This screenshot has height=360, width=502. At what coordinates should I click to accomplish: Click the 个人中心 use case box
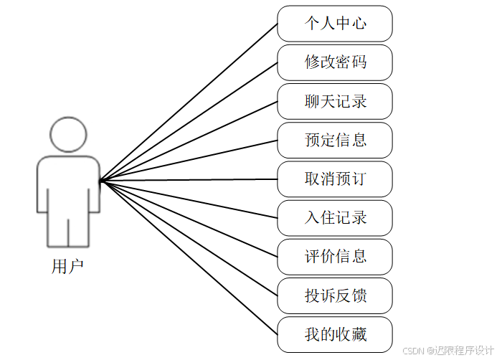pos(335,24)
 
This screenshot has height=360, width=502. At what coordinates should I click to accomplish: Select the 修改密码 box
pos(335,62)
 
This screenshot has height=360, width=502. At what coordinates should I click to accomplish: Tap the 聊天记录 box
pos(335,101)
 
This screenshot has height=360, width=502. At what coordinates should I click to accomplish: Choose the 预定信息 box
pos(335,140)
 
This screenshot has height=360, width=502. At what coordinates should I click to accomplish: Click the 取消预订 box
pos(335,179)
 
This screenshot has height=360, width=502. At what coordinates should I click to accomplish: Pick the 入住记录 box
pos(335,217)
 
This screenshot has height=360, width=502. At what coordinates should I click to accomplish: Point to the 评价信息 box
pos(335,256)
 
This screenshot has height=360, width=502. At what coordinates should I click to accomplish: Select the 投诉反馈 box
pos(335,295)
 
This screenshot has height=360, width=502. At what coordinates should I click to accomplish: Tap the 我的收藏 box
pos(335,334)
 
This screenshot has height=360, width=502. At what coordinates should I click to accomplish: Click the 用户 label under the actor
pos(68,267)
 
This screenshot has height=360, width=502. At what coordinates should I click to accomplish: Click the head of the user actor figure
pos(68,134)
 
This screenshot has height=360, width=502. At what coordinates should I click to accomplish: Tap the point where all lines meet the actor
pos(101,181)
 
